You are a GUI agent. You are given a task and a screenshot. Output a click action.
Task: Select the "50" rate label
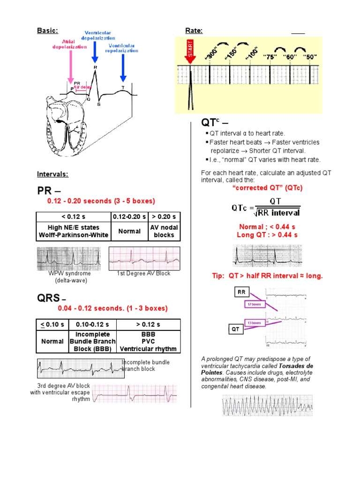(x=310, y=57)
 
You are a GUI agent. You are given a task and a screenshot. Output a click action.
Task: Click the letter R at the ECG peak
(x=96, y=67)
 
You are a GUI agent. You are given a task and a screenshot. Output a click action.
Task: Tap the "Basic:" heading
(x=47, y=30)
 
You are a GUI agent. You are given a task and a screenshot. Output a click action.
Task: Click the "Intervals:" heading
(x=53, y=174)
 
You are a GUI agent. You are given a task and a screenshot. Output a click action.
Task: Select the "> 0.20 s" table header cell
(x=164, y=217)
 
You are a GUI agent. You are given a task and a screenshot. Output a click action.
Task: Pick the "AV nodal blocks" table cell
(x=164, y=231)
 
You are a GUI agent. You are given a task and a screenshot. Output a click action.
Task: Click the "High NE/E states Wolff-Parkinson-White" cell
(x=74, y=231)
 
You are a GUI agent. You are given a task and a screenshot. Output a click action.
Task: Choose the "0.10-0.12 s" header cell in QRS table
(x=92, y=324)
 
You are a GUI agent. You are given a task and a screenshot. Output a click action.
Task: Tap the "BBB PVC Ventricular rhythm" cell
(x=148, y=342)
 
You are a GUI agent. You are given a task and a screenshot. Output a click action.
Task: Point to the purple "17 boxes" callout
(x=254, y=304)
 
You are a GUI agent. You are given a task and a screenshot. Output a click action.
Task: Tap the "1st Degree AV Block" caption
(x=143, y=273)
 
